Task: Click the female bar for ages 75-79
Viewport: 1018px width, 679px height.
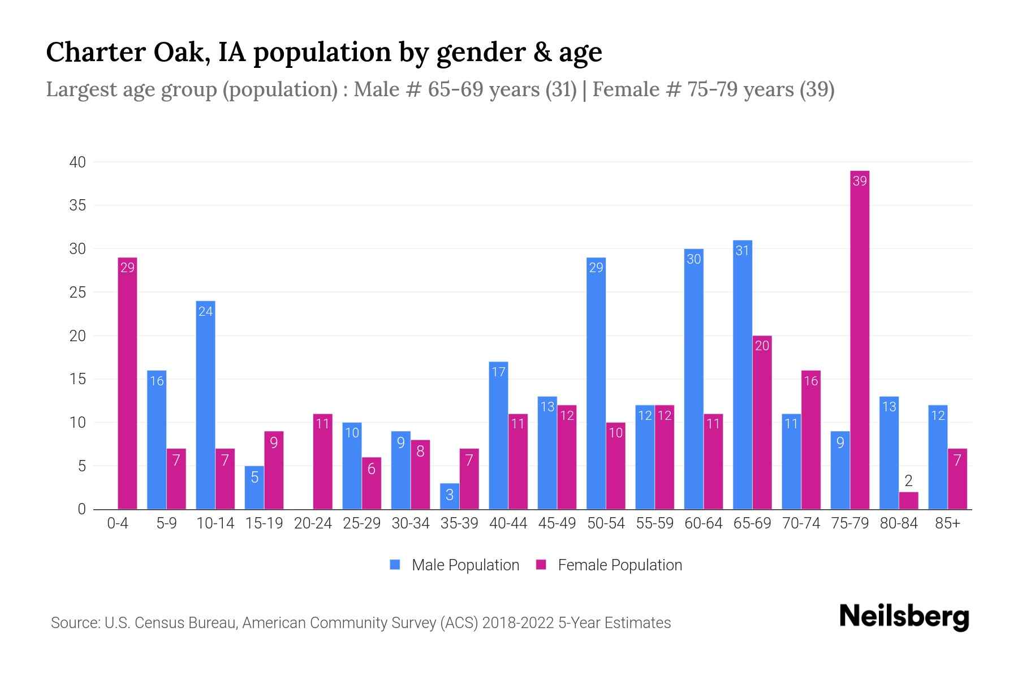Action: (x=860, y=339)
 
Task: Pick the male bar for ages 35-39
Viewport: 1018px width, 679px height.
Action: (x=450, y=496)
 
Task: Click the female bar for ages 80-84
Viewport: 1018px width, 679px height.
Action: (x=908, y=501)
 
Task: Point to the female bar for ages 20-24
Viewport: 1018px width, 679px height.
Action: (x=322, y=461)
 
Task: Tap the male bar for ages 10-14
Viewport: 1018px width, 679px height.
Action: (x=205, y=405)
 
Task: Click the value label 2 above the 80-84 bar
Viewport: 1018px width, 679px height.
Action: (x=908, y=482)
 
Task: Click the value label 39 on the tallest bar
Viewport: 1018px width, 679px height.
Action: (x=860, y=181)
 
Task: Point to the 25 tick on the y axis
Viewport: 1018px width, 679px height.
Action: (x=77, y=293)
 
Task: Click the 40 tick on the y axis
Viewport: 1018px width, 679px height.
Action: (x=77, y=162)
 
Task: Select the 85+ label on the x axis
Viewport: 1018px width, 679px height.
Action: (x=947, y=523)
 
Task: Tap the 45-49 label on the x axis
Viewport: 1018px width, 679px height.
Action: (x=557, y=523)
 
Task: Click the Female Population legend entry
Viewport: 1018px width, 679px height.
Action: (x=609, y=565)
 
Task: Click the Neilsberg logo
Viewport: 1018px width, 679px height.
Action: (x=904, y=616)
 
